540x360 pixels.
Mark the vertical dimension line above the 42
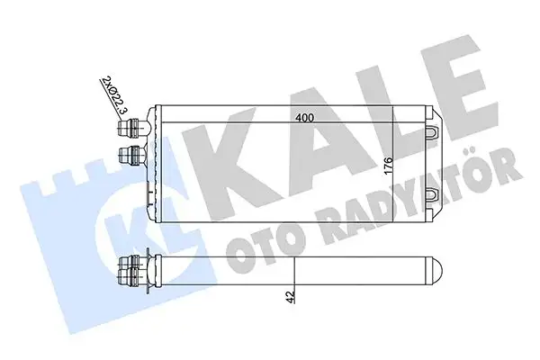(x=295, y=270)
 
